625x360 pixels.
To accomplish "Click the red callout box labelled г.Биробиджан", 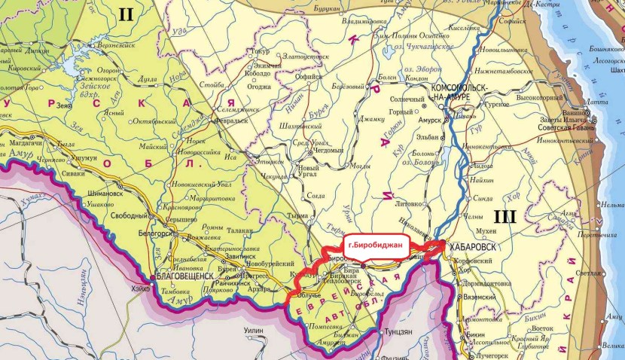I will click(x=379, y=246).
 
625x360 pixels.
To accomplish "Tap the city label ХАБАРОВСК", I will click(x=473, y=246).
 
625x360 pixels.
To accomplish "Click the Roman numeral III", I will click(x=505, y=217).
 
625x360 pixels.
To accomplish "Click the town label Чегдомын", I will click(x=328, y=149).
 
